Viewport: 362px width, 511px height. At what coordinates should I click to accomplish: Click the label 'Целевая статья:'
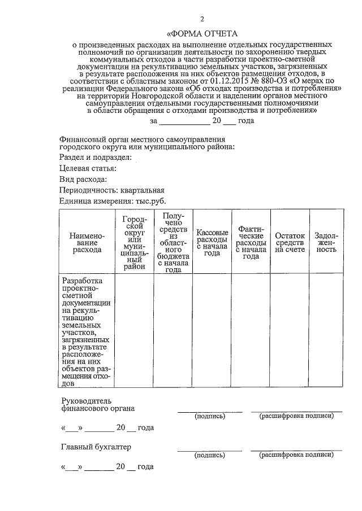[x=88, y=168]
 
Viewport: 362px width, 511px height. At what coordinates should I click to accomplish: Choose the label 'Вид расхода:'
[x=83, y=179]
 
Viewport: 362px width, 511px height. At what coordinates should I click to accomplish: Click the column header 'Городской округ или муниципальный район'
[x=134, y=242]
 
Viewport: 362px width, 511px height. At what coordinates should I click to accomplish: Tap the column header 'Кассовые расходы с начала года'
[x=212, y=242]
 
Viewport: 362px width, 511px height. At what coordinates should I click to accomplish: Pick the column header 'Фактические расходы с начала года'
[x=251, y=242]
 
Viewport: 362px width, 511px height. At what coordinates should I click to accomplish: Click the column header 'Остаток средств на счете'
[x=290, y=242]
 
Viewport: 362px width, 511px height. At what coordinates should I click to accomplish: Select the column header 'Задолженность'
[x=326, y=242]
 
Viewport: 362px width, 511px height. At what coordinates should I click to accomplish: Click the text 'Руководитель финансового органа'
[x=98, y=405]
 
